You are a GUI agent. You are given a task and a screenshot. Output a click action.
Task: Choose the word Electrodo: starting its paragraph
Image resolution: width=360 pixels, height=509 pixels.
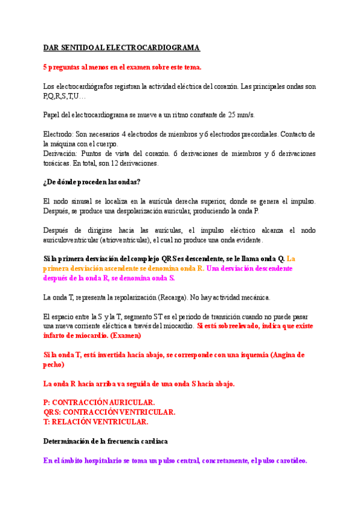click(x=61, y=134)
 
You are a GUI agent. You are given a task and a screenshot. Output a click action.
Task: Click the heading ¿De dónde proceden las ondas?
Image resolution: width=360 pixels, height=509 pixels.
click(x=92, y=182)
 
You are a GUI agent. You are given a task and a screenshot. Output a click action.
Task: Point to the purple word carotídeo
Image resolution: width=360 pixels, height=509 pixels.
click(x=287, y=460)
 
